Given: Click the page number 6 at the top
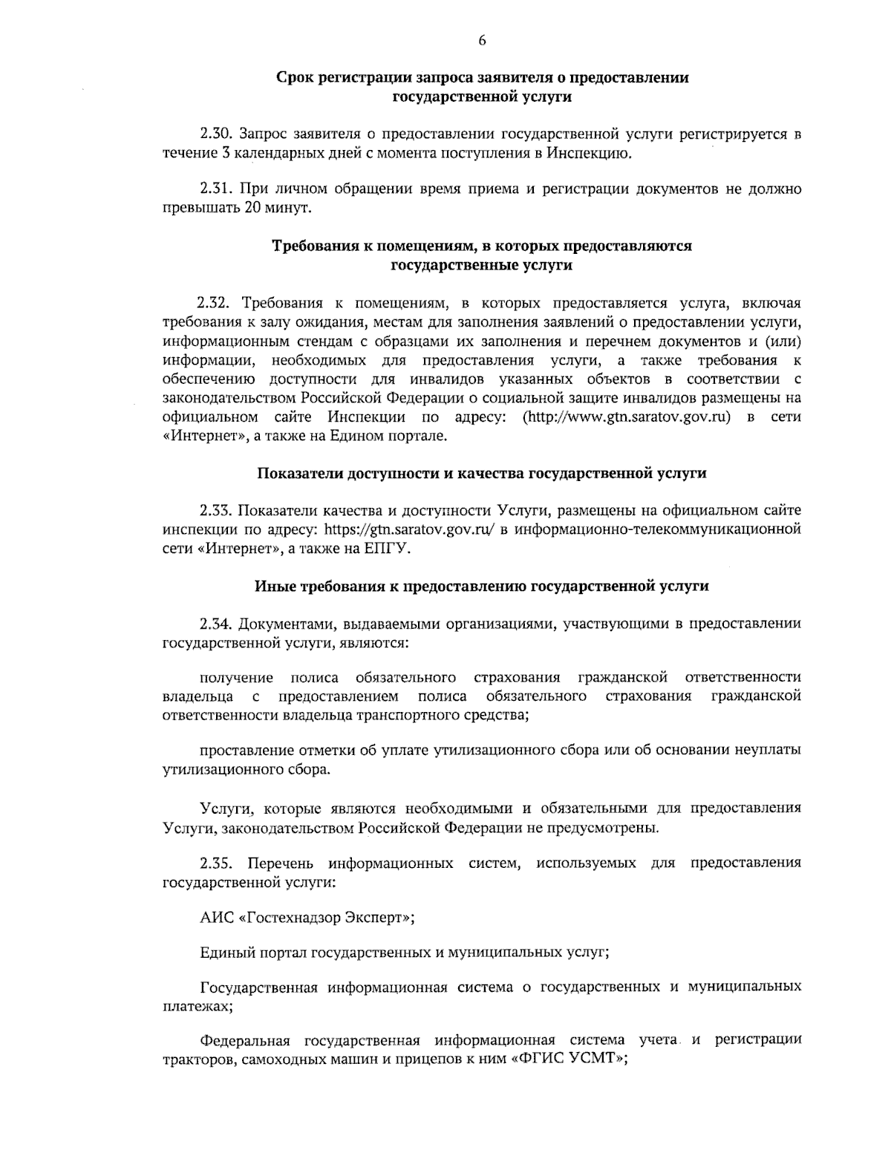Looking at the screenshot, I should [x=482, y=41].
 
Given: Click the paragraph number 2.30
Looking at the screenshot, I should [x=217, y=134].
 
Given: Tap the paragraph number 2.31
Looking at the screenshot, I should [x=217, y=189].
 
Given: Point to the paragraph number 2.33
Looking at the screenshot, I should [x=217, y=510].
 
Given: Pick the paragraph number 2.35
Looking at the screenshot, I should [x=217, y=863].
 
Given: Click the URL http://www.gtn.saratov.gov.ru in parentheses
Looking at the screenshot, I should [x=627, y=417].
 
